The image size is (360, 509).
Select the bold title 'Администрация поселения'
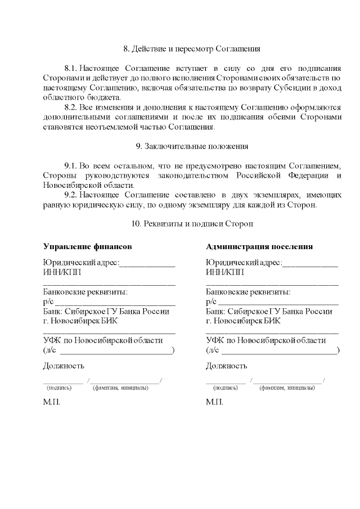[259, 246]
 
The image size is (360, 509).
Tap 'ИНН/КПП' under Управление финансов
[61, 272]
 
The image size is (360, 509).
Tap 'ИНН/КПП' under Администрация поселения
[225, 272]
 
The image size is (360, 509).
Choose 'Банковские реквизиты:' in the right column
[248, 292]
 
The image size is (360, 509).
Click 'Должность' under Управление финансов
[64, 366]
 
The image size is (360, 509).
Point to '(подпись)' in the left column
[59, 388]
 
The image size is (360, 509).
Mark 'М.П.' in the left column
[51, 403]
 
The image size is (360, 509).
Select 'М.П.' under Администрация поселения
[214, 403]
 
